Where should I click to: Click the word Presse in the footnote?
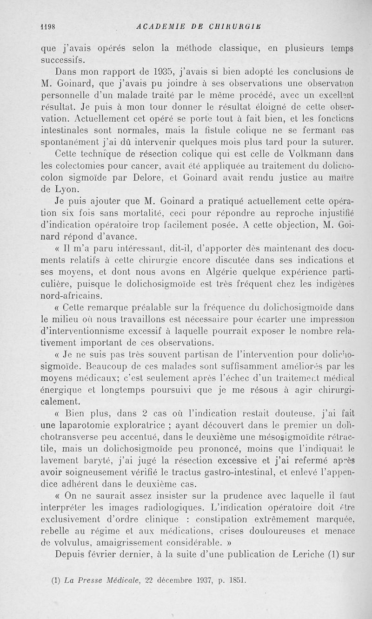[90, 580]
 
